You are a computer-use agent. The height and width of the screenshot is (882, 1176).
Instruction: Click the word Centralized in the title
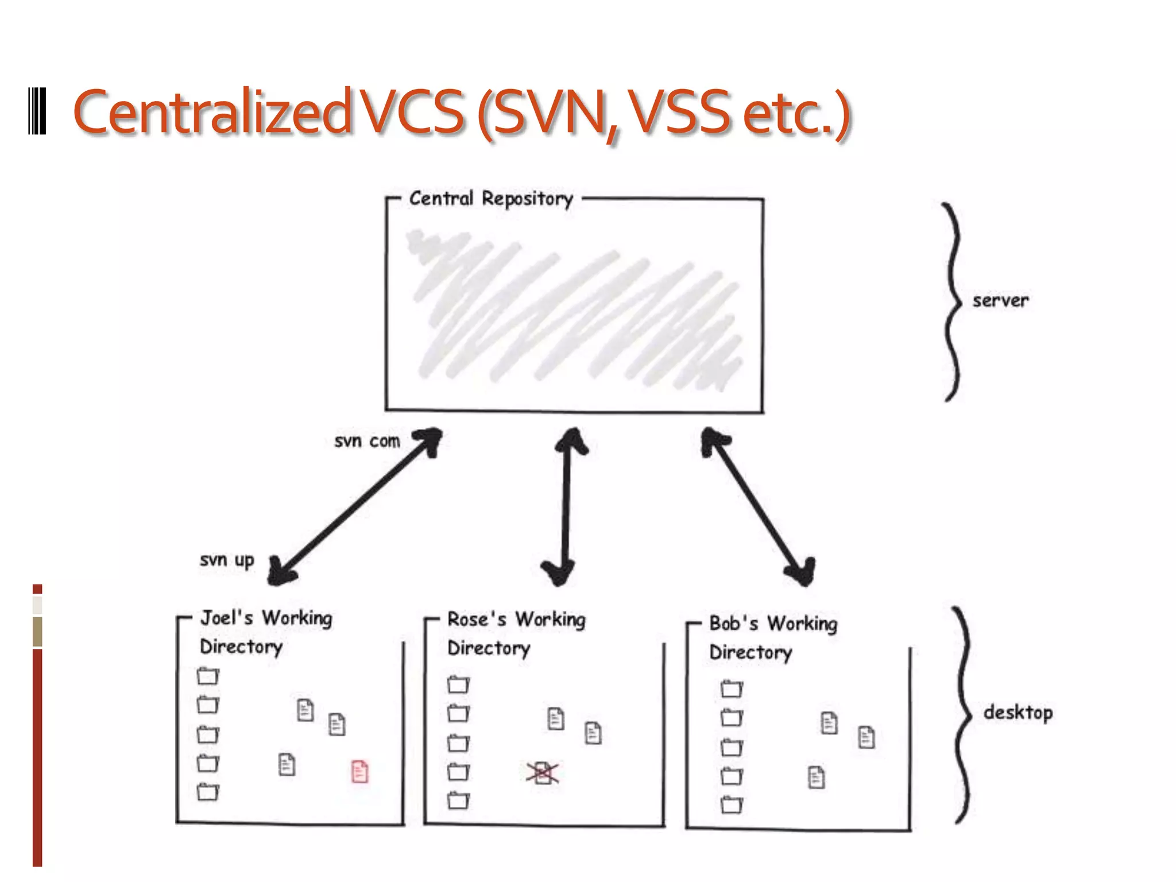tap(211, 112)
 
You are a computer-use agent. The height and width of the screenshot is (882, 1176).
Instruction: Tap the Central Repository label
tap(491, 199)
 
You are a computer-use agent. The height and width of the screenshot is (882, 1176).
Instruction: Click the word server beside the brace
tap(1000, 300)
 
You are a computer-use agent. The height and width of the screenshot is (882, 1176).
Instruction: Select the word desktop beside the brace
tap(1018, 713)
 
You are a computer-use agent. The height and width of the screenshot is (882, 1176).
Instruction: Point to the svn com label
tap(367, 441)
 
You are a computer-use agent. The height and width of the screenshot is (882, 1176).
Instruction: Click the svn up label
tap(227, 560)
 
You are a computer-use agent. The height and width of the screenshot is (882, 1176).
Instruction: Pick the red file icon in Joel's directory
tap(359, 771)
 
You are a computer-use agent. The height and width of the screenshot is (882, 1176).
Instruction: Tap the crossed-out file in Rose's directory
tap(542, 773)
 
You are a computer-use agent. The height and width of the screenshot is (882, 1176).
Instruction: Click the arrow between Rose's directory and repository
tap(566, 505)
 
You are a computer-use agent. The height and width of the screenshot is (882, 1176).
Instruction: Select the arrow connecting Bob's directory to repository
tap(757, 505)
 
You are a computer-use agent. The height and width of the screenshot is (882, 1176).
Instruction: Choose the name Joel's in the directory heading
tap(227, 618)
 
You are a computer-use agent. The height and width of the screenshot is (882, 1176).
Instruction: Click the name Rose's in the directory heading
tap(477, 620)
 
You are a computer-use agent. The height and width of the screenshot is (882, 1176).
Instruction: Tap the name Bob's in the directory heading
tap(734, 624)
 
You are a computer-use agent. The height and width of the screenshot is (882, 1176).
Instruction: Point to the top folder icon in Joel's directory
tap(208, 676)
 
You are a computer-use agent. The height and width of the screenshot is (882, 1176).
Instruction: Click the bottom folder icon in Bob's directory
tap(732, 805)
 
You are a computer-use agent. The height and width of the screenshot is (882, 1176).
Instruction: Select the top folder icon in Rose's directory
tap(458, 684)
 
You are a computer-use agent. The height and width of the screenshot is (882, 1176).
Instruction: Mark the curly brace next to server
tap(953, 301)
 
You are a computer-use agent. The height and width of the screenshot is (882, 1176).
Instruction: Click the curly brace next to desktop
tap(963, 715)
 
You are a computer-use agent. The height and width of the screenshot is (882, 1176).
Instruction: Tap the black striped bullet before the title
tap(37, 111)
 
